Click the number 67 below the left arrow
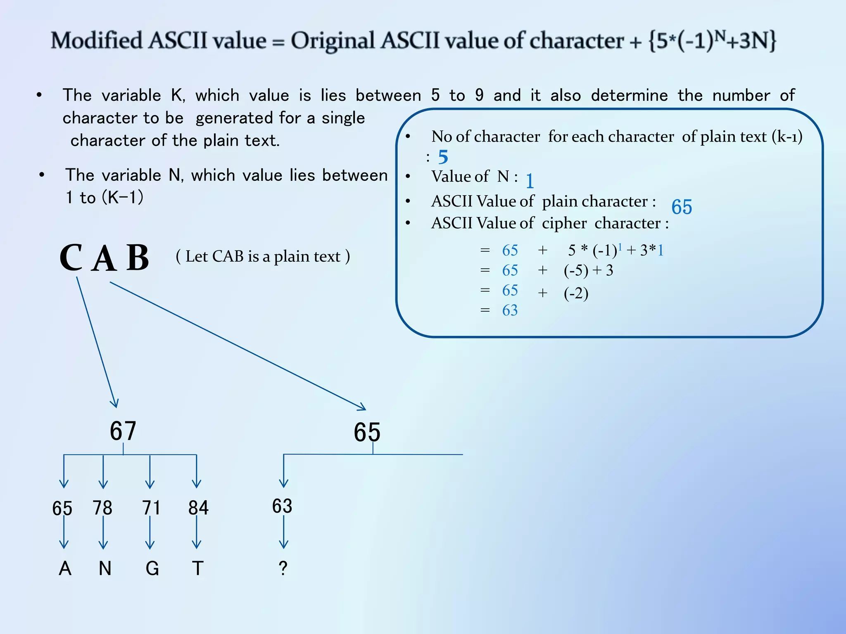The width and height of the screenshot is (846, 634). [123, 431]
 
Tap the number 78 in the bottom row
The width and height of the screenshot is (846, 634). [102, 508]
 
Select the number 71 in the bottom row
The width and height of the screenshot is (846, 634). [151, 508]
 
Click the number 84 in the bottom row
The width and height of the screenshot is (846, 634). [198, 508]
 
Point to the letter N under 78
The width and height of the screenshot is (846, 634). [105, 568]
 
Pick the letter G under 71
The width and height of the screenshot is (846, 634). [152, 568]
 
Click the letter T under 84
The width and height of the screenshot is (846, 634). [198, 568]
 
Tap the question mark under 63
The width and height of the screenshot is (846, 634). [283, 568]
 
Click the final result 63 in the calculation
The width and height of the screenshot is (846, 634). [510, 310]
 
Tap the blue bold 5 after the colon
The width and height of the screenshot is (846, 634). [443, 157]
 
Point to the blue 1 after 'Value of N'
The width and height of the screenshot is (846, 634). [530, 181]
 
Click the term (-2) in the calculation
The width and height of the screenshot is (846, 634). [576, 293]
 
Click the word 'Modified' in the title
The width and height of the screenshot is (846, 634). [97, 41]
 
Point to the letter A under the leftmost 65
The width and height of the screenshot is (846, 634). [65, 568]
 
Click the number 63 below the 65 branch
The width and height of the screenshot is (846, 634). [282, 506]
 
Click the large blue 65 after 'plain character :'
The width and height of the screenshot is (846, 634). [682, 207]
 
